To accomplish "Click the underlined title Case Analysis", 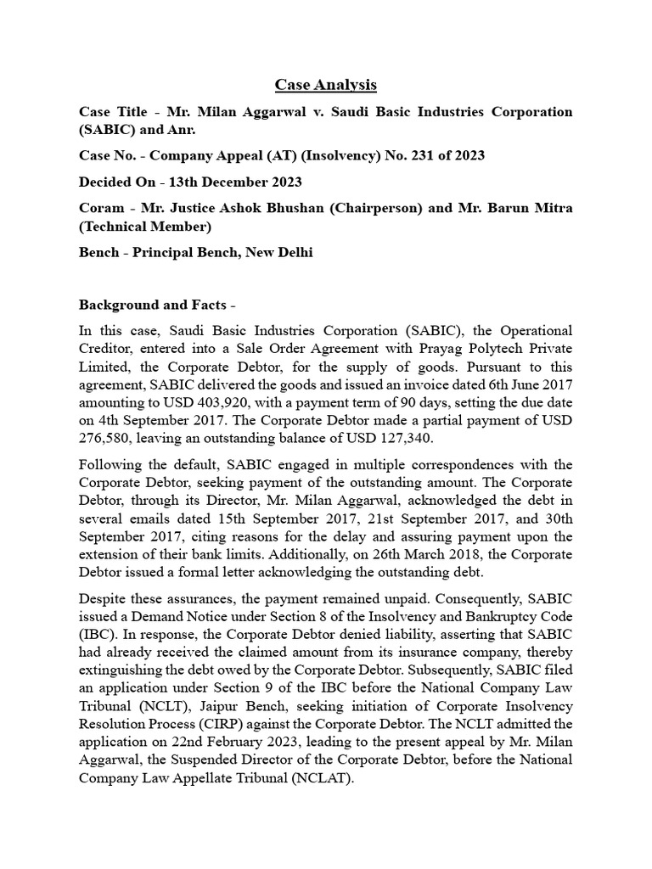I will pyautogui.click(x=325, y=85).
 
